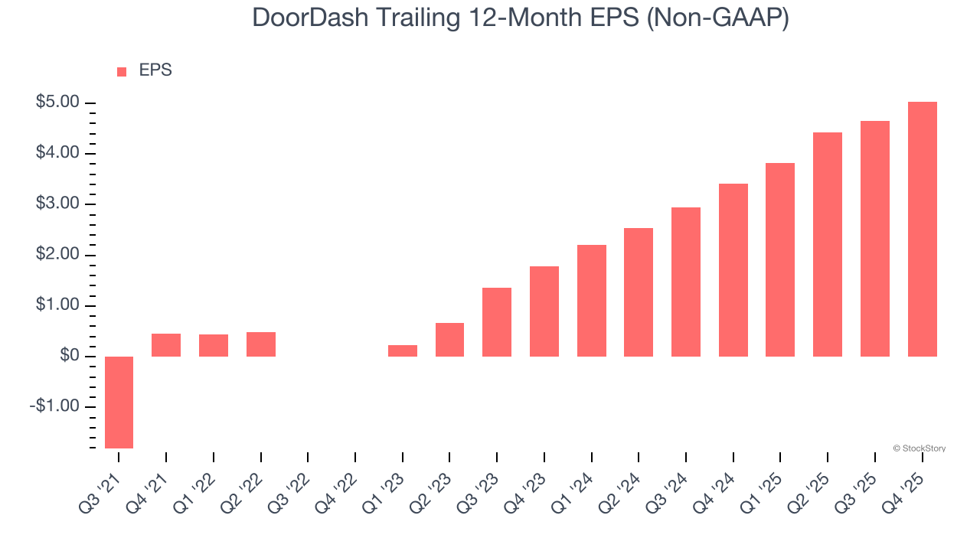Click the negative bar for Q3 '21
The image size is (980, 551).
(119, 402)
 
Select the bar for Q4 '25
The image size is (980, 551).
(922, 229)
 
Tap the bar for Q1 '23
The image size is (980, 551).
(402, 350)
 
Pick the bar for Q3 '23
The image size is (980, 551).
(497, 322)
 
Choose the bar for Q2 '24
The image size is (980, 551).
(639, 292)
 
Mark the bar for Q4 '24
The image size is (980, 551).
(733, 270)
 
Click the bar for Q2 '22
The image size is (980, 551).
(260, 344)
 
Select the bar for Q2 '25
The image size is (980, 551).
(828, 244)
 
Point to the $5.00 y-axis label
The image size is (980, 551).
(57, 103)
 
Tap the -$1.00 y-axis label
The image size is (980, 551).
(55, 406)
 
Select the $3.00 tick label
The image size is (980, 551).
(57, 204)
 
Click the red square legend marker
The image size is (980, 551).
(122, 72)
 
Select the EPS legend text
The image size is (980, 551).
(155, 70)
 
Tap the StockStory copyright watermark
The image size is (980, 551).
(919, 448)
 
